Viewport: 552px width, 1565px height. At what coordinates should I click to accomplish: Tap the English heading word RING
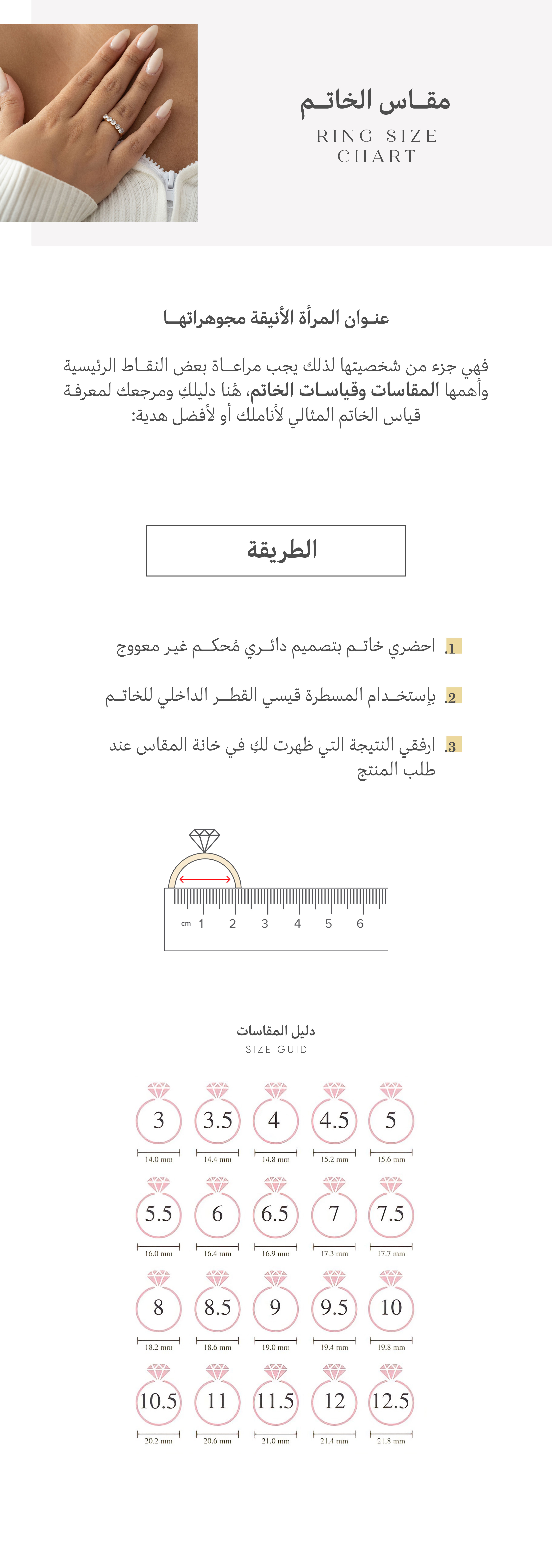pos(344,136)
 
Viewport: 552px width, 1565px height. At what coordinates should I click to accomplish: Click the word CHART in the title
pos(376,156)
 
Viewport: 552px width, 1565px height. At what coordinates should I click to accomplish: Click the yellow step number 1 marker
pos(453,646)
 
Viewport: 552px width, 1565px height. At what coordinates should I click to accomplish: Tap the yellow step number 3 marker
pos(453,745)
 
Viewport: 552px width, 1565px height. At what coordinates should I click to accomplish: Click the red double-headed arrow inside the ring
pos(205,879)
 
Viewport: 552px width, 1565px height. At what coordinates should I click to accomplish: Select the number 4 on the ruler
pos(297,923)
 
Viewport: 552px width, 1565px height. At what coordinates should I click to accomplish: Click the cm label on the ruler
pos(186,923)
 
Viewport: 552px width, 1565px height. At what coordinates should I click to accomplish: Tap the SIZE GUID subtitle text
pos(276,1049)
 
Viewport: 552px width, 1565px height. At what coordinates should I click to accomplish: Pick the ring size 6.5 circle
pos(275,1214)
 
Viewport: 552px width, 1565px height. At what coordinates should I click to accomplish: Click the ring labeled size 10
pos(391,1307)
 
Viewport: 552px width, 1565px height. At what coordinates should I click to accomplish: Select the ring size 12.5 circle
pos(391,1401)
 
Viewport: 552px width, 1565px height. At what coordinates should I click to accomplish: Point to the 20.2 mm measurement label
pos(158,1440)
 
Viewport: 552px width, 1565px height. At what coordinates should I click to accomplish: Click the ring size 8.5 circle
pos(217,1307)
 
